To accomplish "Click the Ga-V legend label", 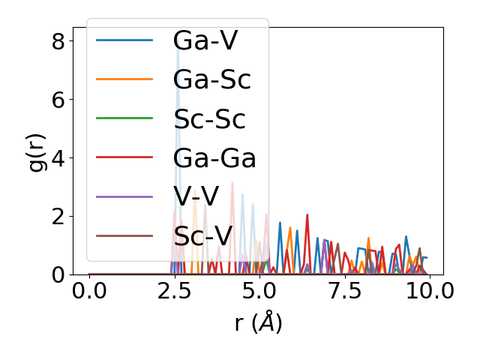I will [205, 40].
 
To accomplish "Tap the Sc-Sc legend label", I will [209, 119].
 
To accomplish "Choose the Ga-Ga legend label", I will [214, 158].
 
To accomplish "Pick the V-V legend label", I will [196, 197].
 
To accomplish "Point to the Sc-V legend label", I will [203, 236].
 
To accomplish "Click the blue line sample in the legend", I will [124, 40].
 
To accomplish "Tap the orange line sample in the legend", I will [124, 79].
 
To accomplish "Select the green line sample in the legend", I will [124, 119].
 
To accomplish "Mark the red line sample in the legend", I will [124, 158].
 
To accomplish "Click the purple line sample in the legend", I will [124, 197].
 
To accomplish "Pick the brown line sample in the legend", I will [124, 236].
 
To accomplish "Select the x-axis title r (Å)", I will [258, 323].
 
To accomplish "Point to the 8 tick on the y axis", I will [58, 40].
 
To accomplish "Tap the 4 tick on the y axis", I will [58, 157].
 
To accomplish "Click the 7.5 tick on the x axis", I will [344, 290].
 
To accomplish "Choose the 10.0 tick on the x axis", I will [429, 290].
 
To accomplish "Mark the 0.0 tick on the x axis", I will [89, 290].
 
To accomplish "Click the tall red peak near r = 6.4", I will [307, 216].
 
